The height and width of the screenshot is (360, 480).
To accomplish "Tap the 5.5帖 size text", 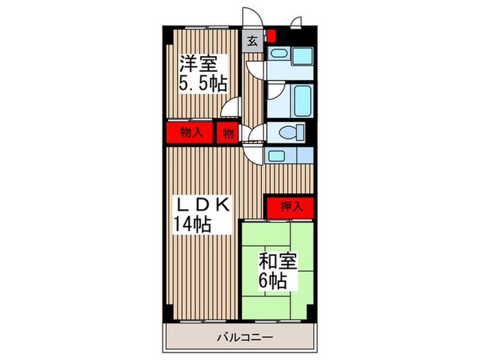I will (x=202, y=84).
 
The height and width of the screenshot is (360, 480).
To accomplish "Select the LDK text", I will (x=202, y=204).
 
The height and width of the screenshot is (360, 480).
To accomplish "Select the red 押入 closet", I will (x=288, y=205).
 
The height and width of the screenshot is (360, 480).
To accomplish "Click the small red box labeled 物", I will (x=227, y=132).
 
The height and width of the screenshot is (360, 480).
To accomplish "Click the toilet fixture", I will (x=288, y=132).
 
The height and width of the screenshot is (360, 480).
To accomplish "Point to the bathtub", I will (x=289, y=99).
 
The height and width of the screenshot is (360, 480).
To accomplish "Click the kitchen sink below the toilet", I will (x=278, y=155).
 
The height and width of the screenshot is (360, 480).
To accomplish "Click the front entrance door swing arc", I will (x=250, y=17).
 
